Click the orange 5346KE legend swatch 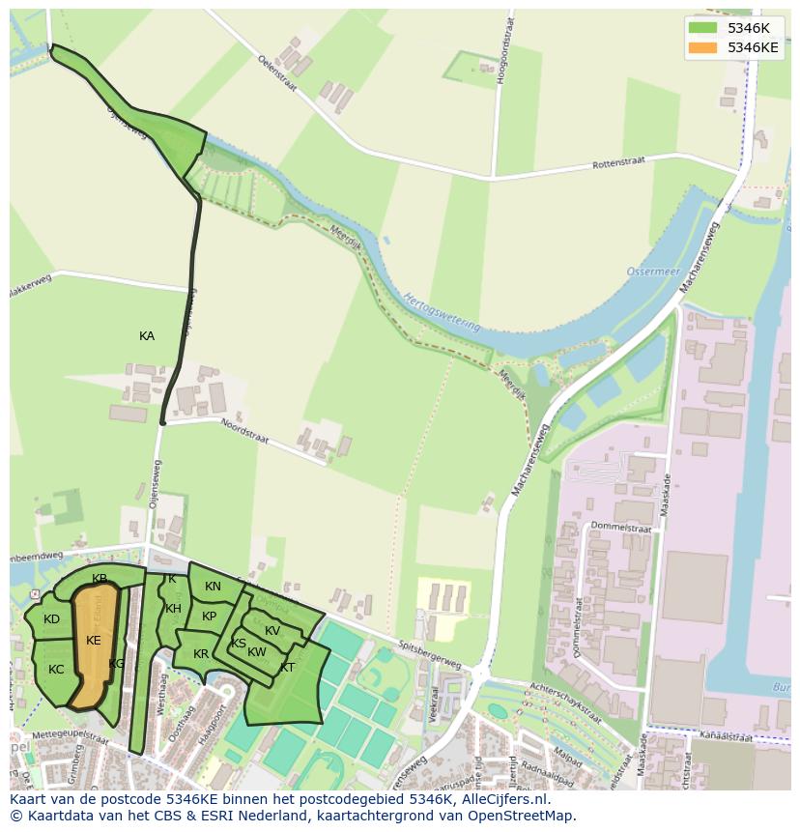click(702, 46)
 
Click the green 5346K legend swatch click(702, 28)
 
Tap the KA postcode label click(147, 336)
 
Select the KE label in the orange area click(94, 640)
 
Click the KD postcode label click(52, 619)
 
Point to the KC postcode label click(56, 669)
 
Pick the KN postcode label click(213, 587)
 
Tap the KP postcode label click(209, 617)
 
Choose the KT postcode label click(287, 668)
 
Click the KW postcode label click(257, 652)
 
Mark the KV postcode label click(272, 631)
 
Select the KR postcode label click(201, 654)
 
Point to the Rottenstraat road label click(618, 165)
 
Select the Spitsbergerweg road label click(431, 648)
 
